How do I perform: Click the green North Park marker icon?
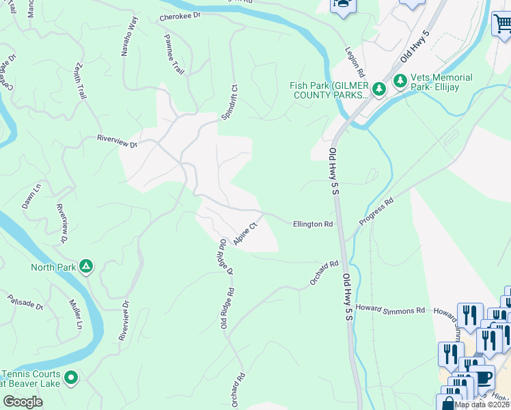point(86,266)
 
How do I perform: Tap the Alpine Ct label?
point(245,233)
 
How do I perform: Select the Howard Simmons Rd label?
point(389,310)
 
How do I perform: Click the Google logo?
point(23,402)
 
